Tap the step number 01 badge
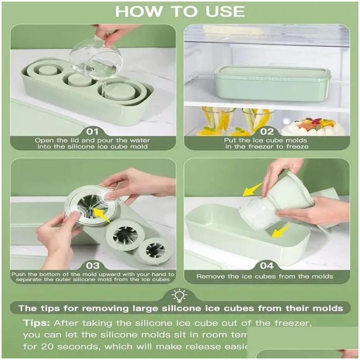coord(93,131)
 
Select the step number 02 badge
coord(267,131)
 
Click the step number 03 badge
coord(93,265)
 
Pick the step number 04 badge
coord(267,265)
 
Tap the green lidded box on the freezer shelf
coord(272,83)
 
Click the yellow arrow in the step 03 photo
coord(104,216)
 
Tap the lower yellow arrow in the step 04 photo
coord(280,231)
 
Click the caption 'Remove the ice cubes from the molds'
coord(265,276)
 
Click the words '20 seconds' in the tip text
coord(69,346)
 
